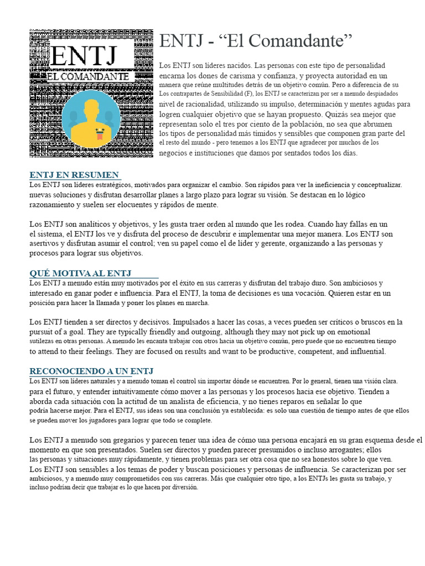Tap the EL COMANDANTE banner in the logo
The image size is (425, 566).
(x=89, y=77)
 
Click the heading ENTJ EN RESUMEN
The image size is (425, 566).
(x=74, y=175)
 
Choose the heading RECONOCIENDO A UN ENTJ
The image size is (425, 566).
(x=91, y=371)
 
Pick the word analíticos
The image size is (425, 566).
(x=87, y=224)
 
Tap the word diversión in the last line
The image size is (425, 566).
(x=182, y=488)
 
